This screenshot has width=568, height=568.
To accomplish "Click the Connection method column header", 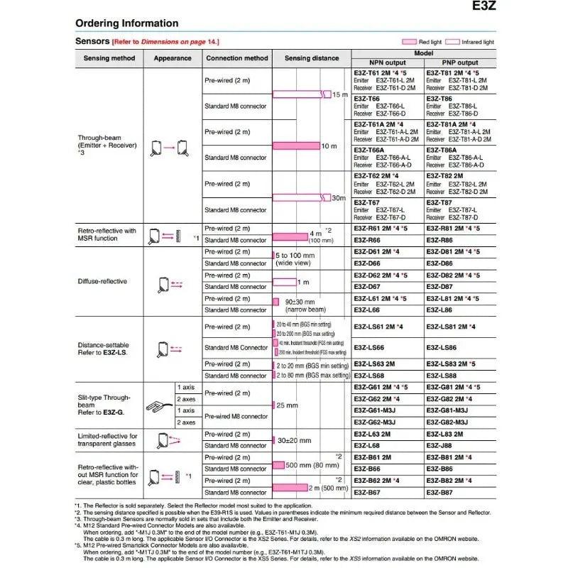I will (237, 58).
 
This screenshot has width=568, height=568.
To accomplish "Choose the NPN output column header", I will (387, 62).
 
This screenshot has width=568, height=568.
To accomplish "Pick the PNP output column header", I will (459, 62).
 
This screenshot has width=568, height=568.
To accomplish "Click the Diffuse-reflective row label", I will (102, 281).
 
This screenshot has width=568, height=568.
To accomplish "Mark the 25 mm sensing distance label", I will (288, 405).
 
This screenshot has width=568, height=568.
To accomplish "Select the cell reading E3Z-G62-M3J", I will (378, 422).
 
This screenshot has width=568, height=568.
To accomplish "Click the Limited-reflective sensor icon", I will (164, 439).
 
